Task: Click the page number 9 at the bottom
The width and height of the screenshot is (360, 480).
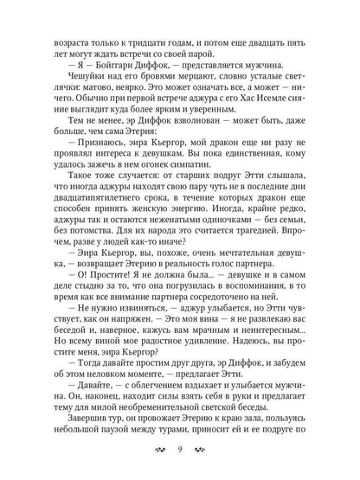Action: point(180,453)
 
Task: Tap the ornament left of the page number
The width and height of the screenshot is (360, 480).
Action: point(157,453)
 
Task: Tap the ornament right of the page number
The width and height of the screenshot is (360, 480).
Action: point(202,453)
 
